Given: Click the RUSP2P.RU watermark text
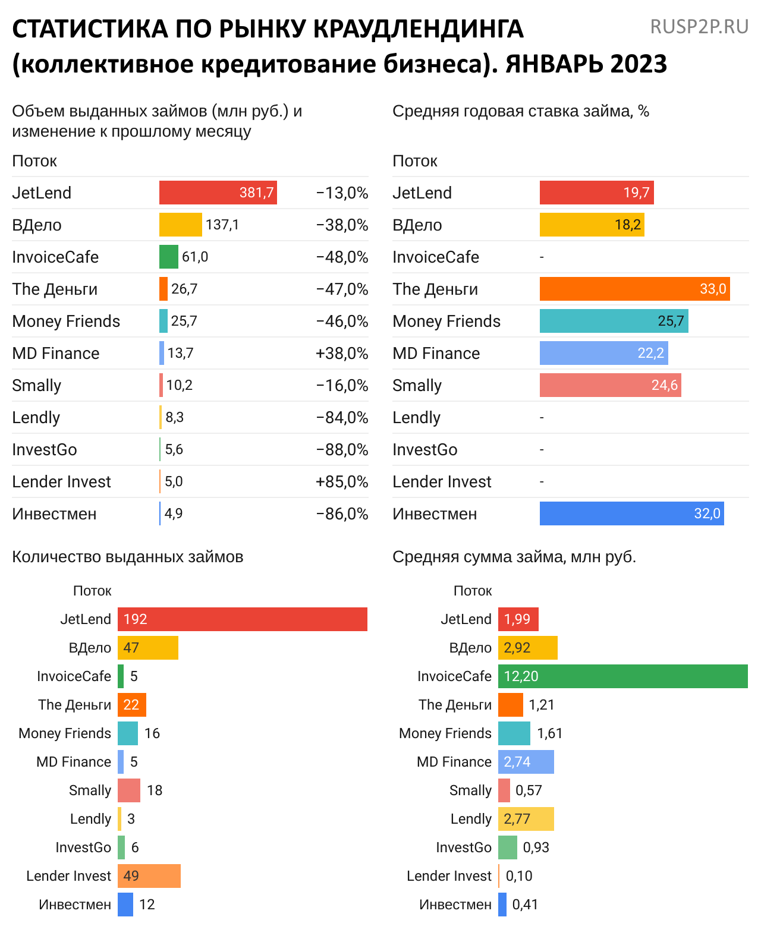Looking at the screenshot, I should tap(699, 27).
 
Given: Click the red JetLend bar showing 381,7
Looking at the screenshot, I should tap(218, 193).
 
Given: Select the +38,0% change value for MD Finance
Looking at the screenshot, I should tap(342, 354).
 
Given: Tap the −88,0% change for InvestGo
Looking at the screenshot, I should tap(342, 450).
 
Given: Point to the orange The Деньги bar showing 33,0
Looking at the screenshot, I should tap(634, 289).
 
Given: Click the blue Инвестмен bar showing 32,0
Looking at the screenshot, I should tap(631, 513).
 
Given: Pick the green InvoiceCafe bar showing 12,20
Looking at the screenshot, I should tap(622, 676).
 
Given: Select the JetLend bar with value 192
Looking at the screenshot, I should tap(242, 619).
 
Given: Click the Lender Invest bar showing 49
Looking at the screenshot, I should tap(149, 876).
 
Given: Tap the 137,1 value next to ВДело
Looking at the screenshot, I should tap(222, 225).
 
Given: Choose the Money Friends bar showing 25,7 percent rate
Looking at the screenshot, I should tap(614, 321).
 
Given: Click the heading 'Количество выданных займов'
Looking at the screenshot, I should tap(128, 557).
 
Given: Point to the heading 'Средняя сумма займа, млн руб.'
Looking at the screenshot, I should tap(514, 557).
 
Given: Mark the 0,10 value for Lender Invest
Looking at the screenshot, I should tap(519, 876).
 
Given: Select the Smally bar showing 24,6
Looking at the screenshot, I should tap(610, 385).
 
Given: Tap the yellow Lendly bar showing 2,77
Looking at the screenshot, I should tap(526, 819).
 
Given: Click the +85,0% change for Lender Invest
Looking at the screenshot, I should tap(342, 482).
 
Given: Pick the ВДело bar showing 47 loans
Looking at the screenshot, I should tap(147, 648).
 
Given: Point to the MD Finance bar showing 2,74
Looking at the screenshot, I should tap(526, 762).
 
